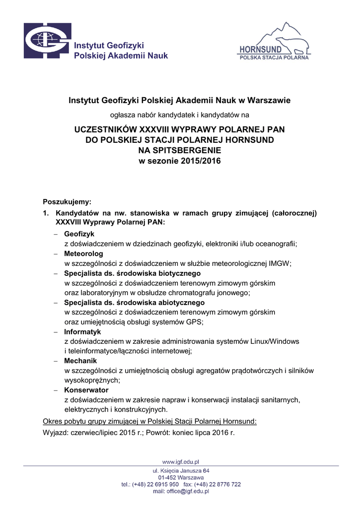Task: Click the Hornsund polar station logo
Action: (274, 42)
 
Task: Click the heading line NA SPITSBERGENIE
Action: (180, 150)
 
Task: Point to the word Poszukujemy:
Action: (67, 202)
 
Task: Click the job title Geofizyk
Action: (79, 234)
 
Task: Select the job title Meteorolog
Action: (83, 254)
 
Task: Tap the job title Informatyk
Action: (82, 331)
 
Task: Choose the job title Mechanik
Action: (80, 361)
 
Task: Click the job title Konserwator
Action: (85, 390)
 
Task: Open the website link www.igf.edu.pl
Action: (181, 462)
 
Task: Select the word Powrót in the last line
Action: (159, 432)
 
